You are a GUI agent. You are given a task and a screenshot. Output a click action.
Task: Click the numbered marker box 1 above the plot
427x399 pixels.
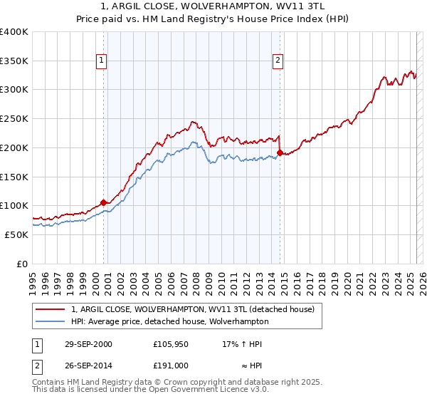pos(103,61)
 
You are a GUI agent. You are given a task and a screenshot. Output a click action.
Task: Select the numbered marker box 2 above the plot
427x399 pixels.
pos(278,61)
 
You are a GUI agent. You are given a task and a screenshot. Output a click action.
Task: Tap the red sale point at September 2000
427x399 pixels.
pos(104,202)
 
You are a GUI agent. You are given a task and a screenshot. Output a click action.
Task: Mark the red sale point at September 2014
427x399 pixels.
pos(280,152)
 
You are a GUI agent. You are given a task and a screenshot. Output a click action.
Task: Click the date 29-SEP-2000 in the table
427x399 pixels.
pos(87,344)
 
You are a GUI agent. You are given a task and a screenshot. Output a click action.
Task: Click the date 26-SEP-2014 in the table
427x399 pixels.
pos(87,366)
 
